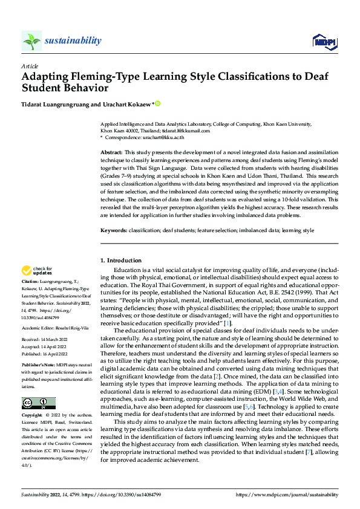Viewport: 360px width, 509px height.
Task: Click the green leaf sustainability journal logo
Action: point(31,41)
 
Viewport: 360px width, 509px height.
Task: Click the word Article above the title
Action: point(29,66)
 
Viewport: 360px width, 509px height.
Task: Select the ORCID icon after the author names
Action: point(159,104)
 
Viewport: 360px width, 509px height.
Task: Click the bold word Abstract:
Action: point(111,152)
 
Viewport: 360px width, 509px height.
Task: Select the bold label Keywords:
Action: point(113,231)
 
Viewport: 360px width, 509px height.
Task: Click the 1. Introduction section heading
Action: point(120,261)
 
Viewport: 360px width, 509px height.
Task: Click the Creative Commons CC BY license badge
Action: point(38,403)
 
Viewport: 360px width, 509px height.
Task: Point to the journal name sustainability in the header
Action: point(73,41)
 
